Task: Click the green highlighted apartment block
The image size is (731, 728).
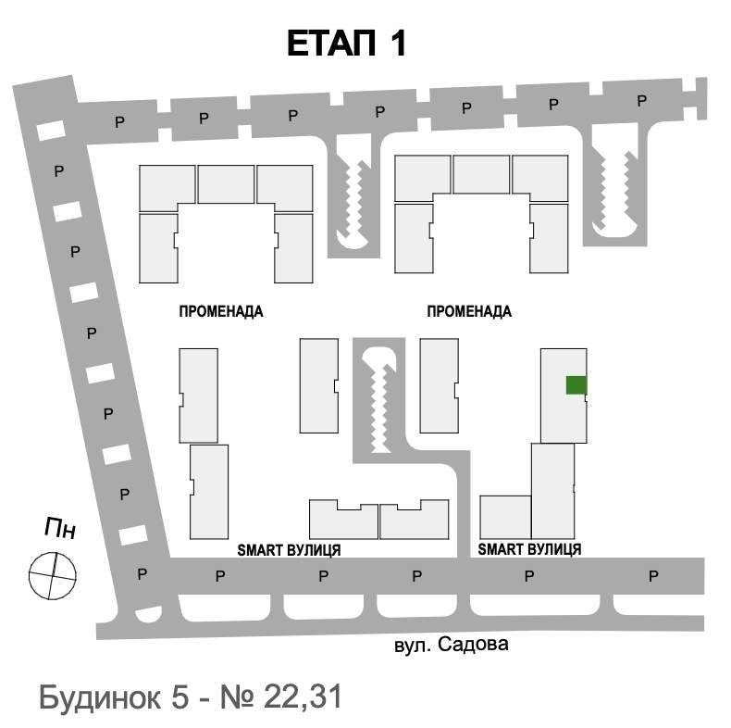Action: pyautogui.click(x=576, y=385)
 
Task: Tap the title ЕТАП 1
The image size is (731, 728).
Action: pyautogui.click(x=346, y=44)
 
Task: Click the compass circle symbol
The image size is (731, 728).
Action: pyautogui.click(x=52, y=576)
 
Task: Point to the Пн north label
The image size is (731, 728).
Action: pyautogui.click(x=60, y=528)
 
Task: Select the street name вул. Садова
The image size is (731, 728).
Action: pyautogui.click(x=452, y=645)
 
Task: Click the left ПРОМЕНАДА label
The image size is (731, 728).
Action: pyautogui.click(x=221, y=311)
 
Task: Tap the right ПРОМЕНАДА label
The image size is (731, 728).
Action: pyautogui.click(x=469, y=311)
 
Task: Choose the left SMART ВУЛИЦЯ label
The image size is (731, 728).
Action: pyautogui.click(x=289, y=550)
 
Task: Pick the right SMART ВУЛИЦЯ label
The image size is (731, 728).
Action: pyautogui.click(x=529, y=549)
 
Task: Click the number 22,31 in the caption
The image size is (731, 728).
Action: pyautogui.click(x=303, y=697)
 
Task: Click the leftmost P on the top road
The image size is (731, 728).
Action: pyautogui.click(x=119, y=122)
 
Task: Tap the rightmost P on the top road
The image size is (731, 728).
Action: pyautogui.click(x=642, y=101)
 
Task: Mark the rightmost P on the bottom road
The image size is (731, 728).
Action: pyautogui.click(x=653, y=576)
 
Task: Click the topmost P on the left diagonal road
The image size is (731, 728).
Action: pyautogui.click(x=58, y=171)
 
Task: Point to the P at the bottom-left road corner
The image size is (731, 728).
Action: pyautogui.click(x=142, y=574)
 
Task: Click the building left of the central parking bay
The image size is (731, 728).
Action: pyautogui.click(x=319, y=386)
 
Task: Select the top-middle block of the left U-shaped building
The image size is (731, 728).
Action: pyautogui.click(x=226, y=184)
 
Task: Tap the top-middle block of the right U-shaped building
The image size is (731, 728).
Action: pyautogui.click(x=481, y=174)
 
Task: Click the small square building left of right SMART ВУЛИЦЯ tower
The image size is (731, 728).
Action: pyautogui.click(x=505, y=517)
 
